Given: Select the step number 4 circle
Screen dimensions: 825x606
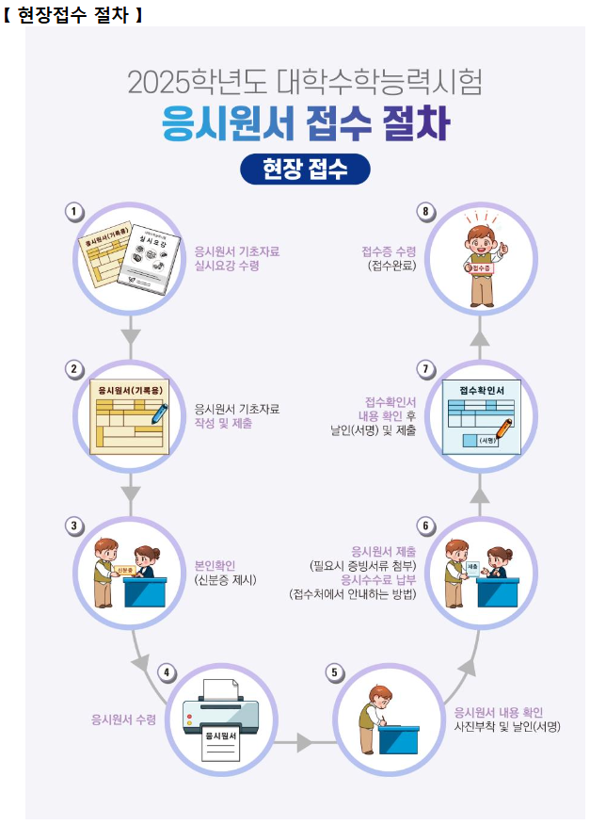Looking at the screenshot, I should [x=167, y=672].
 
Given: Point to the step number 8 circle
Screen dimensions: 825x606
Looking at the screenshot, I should [x=426, y=211].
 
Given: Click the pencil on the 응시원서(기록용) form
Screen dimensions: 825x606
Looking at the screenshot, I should [x=156, y=412].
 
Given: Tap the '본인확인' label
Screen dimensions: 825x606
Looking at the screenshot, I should [x=216, y=565].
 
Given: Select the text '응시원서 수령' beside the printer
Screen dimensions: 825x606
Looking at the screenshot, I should [x=123, y=720].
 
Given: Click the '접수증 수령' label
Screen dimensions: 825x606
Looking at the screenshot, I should [x=389, y=251].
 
